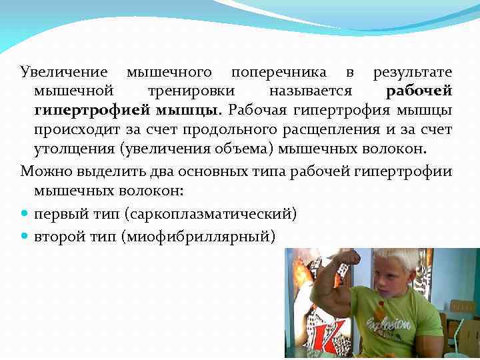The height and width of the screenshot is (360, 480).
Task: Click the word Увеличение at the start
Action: pyautogui.click(x=65, y=72)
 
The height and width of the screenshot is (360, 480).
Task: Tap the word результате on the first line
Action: pyautogui.click(x=412, y=72)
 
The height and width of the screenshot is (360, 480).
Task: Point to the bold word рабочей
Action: pyautogui.click(x=419, y=91)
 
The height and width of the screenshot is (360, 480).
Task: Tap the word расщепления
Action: pyautogui.click(x=349, y=128)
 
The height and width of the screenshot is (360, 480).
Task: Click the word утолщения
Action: pyautogui.click(x=71, y=147)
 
